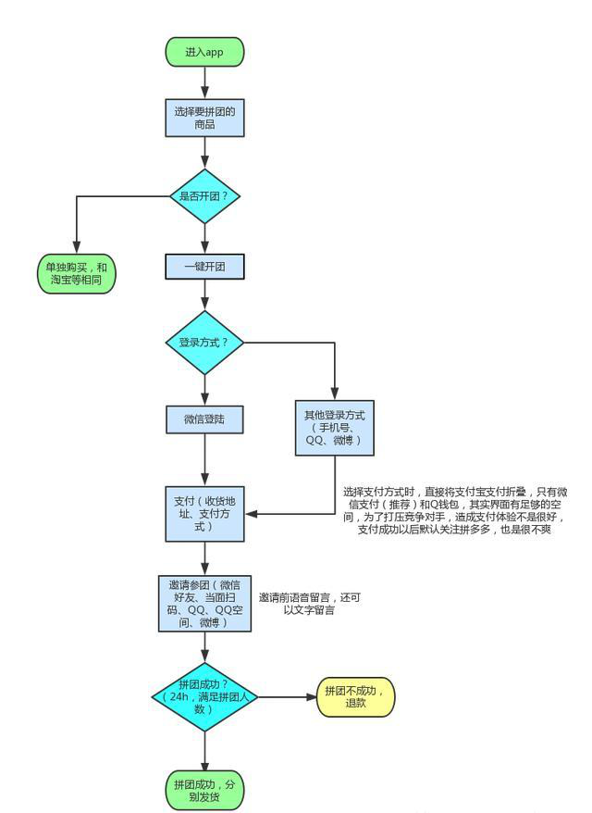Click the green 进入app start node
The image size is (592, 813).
click(204, 52)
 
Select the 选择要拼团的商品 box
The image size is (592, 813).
click(204, 117)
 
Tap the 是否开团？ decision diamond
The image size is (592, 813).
click(204, 196)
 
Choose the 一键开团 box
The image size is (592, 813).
click(204, 267)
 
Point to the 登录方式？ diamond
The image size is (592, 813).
click(204, 342)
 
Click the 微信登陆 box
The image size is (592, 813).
click(204, 419)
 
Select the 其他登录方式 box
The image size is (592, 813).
click(333, 427)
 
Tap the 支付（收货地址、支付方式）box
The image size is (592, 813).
click(204, 511)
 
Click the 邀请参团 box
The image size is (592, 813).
click(204, 602)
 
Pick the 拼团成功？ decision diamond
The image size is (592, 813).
click(204, 695)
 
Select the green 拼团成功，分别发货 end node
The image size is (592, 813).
click(204, 790)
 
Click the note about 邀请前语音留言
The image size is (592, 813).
click(309, 605)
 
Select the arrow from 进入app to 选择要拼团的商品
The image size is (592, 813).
click(204, 81)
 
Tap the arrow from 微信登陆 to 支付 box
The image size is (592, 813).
click(204, 457)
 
